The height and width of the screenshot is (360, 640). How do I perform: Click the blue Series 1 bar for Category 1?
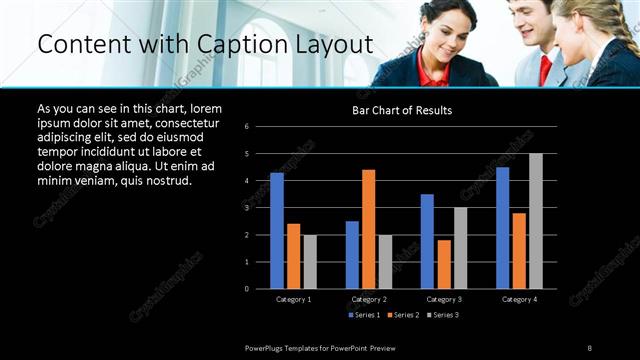coord(277,231)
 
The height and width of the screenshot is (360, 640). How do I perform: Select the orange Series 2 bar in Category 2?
coord(368,229)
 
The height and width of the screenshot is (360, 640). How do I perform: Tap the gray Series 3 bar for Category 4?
coord(535,221)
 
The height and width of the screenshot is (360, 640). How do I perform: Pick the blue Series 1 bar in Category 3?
coord(427,241)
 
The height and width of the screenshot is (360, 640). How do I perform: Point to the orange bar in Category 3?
coord(444,264)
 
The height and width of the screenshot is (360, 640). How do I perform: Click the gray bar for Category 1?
coord(310,262)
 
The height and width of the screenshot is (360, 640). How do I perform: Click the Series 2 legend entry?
coord(403,315)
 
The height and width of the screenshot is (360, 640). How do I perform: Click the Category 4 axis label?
coord(518,299)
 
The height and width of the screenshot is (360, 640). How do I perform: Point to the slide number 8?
coord(589,347)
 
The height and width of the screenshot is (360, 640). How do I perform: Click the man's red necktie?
coord(544,70)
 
